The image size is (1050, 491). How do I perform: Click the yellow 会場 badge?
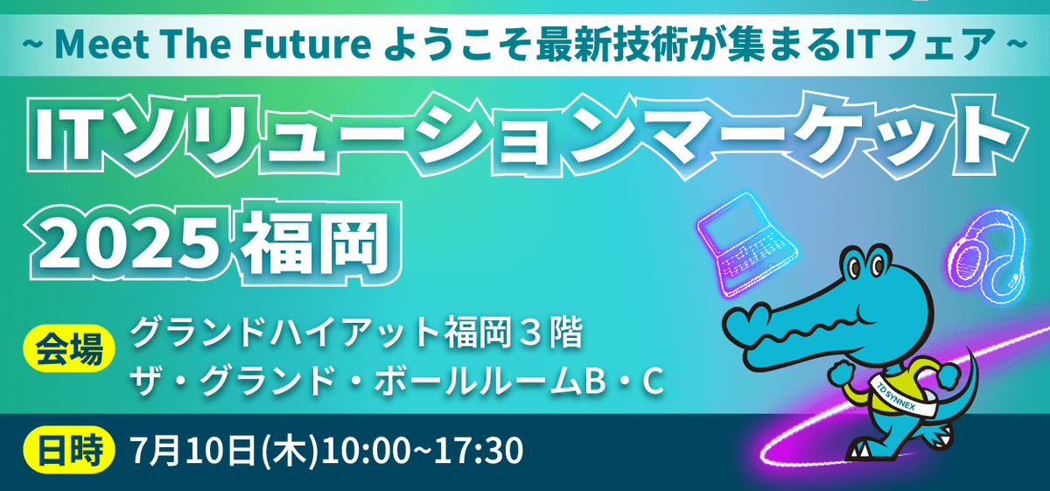69,349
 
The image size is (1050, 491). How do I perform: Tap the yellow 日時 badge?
69,450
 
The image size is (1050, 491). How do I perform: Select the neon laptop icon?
746,245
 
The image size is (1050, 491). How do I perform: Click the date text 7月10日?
193,450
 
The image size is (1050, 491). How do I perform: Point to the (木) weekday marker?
290,451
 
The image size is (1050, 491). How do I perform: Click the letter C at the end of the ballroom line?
653,382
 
